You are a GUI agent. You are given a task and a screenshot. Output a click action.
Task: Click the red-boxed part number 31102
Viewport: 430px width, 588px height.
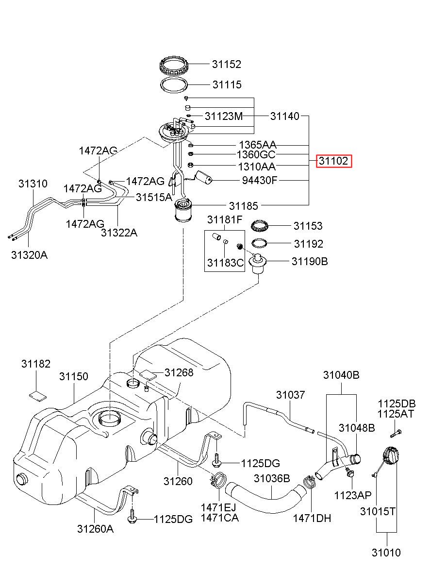coord(333,161)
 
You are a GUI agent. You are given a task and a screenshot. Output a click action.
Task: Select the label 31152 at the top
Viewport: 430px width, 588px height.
coord(226,64)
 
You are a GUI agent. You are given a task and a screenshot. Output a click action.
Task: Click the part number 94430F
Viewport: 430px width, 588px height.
coord(260,181)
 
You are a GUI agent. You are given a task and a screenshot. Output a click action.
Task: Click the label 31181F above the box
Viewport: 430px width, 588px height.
coord(225,220)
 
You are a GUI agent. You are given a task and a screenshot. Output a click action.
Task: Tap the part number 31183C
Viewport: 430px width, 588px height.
coord(225,263)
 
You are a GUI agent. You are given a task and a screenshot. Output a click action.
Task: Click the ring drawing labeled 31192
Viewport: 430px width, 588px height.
coord(260,243)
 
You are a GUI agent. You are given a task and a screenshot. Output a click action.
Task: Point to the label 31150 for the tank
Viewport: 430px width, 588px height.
coord(74,376)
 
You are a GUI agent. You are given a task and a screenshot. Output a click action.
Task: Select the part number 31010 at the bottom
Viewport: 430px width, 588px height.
coord(386,553)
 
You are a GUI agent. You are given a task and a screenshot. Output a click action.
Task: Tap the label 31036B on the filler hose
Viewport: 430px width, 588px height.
coord(272,479)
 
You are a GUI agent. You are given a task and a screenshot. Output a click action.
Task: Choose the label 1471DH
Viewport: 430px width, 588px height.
coord(312,518)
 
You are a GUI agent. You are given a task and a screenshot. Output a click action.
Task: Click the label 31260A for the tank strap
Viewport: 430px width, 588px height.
coord(95,529)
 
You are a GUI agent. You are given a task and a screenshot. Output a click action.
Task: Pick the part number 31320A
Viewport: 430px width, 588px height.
coord(29,255)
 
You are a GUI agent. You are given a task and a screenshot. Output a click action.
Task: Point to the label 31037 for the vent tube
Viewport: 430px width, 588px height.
coord(291,395)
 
